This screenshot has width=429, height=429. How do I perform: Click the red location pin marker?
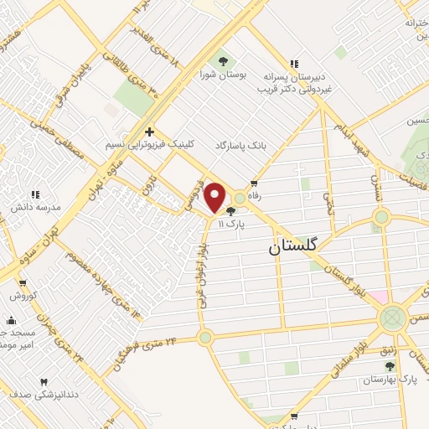215,197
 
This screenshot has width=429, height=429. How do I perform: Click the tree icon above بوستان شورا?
223,60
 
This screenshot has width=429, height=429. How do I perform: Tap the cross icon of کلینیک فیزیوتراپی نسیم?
149,132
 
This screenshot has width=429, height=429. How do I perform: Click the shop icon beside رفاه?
254,184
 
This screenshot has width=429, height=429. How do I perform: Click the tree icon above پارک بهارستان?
389,366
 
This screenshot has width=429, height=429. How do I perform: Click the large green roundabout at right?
391,318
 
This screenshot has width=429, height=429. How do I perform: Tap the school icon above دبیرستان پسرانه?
293,63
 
